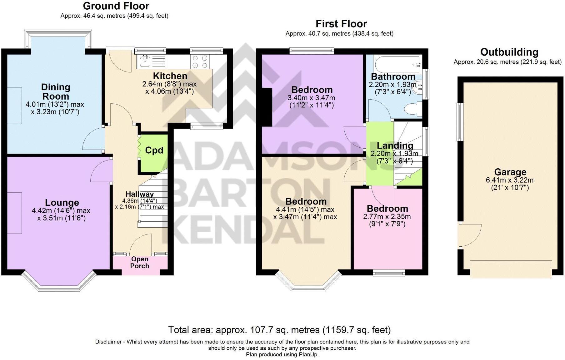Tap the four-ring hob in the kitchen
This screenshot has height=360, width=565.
(x=200, y=61)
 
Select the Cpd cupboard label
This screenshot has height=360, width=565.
(x=154, y=150)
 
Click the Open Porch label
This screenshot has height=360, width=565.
(x=140, y=263)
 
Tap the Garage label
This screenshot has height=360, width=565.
(x=510, y=172)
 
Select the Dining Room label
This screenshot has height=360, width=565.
(x=56, y=91)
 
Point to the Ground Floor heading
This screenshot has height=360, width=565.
(x=116, y=6)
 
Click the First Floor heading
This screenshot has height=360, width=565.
(x=341, y=24)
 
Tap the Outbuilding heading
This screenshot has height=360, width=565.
(x=509, y=52)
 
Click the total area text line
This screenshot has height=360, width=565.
(x=279, y=330)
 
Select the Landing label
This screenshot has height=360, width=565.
(x=395, y=145)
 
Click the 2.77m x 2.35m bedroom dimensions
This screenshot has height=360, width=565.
(x=387, y=217)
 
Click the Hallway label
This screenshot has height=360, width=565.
(x=139, y=194)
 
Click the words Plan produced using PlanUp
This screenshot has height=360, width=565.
(x=282, y=354)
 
